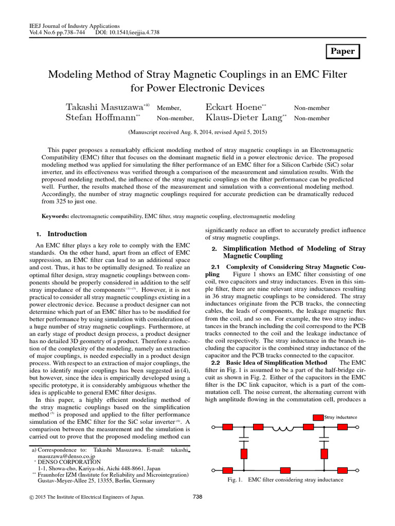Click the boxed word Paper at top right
(x=342, y=51)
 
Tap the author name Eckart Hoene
(x=234, y=107)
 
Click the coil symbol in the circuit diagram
(x=282, y=427)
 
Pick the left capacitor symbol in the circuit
(x=244, y=440)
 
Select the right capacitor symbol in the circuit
(x=324, y=440)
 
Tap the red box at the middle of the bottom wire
(x=284, y=470)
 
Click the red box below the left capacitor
(x=244, y=454)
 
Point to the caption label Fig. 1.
(x=235, y=480)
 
